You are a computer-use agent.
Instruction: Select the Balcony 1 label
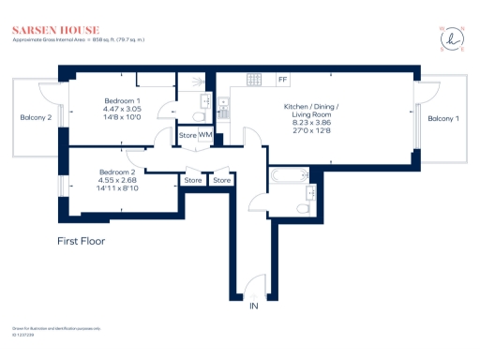click(443, 119)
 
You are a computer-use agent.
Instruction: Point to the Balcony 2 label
click(36, 118)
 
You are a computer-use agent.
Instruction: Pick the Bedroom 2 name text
click(118, 172)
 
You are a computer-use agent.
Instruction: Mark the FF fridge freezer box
click(282, 80)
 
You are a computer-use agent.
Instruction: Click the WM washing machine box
click(205, 136)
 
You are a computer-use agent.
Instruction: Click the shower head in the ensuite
click(196, 82)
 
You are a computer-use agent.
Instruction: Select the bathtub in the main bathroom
click(285, 175)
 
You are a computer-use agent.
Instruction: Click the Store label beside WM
click(187, 136)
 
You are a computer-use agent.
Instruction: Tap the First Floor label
click(81, 241)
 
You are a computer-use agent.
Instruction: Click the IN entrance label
click(252, 307)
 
